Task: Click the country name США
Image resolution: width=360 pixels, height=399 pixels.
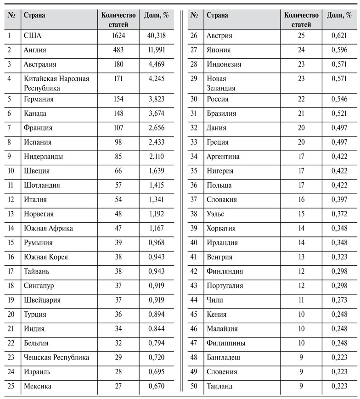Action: (x=33, y=35)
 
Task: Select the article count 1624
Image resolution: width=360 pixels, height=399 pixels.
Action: (x=118, y=35)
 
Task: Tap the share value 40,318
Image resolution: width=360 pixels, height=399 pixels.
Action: (x=157, y=35)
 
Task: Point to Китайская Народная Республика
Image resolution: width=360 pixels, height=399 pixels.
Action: (x=56, y=83)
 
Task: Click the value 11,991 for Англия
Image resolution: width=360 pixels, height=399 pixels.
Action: (x=157, y=50)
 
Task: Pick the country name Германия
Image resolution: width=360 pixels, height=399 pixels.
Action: (x=39, y=99)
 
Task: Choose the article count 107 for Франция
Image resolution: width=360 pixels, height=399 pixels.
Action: (x=118, y=128)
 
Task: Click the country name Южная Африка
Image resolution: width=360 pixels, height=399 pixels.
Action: (x=48, y=228)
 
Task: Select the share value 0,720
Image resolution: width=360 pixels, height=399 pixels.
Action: (x=157, y=357)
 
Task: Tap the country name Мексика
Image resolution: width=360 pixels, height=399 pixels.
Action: (x=37, y=386)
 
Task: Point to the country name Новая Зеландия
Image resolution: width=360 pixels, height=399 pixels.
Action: (x=221, y=83)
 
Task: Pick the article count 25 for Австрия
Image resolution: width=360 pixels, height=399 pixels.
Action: (x=301, y=35)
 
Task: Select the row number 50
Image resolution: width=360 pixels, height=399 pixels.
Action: (x=194, y=386)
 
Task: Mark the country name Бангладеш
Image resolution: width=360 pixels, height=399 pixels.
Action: (x=223, y=357)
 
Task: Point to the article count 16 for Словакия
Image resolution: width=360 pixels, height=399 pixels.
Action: (x=301, y=200)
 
